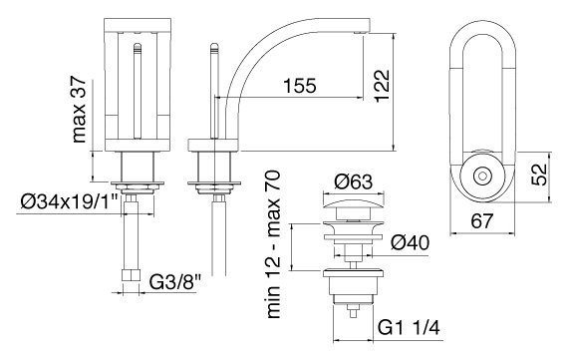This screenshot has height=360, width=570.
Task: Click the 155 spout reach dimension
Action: click(300, 86)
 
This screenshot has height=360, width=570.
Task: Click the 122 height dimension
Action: click(381, 86)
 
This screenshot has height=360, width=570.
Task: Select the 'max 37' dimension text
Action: click(80, 110)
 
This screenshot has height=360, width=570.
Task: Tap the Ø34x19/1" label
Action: click(70, 201)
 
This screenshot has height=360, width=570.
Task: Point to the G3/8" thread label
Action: click(174, 281)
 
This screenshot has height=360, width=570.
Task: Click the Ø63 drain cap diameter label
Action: click(354, 181)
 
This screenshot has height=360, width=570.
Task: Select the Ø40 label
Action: click(410, 243)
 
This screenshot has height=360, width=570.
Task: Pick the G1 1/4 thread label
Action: click(409, 328)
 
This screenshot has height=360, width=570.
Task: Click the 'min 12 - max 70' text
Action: click(273, 244)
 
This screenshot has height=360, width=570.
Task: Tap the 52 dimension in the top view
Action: click(539, 175)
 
